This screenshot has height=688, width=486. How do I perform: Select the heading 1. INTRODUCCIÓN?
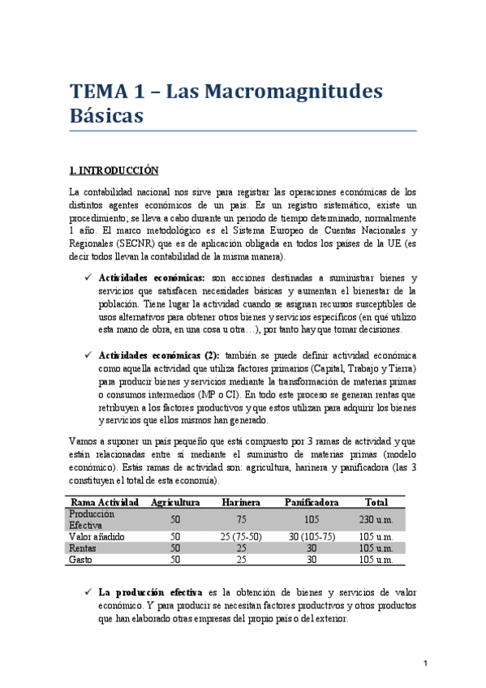[x=114, y=170]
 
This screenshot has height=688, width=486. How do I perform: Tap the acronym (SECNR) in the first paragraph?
[x=135, y=244]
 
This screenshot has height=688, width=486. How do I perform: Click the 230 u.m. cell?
[x=376, y=518]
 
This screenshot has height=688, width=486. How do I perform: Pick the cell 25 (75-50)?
[x=240, y=536]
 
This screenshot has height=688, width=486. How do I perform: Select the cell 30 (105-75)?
[x=312, y=536]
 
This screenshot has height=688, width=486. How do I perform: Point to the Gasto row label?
[x=81, y=559]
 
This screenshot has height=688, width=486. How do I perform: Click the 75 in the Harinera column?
[x=240, y=518]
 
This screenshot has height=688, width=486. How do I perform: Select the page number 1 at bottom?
[x=426, y=664]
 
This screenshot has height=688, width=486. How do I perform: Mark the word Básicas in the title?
[x=106, y=115]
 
